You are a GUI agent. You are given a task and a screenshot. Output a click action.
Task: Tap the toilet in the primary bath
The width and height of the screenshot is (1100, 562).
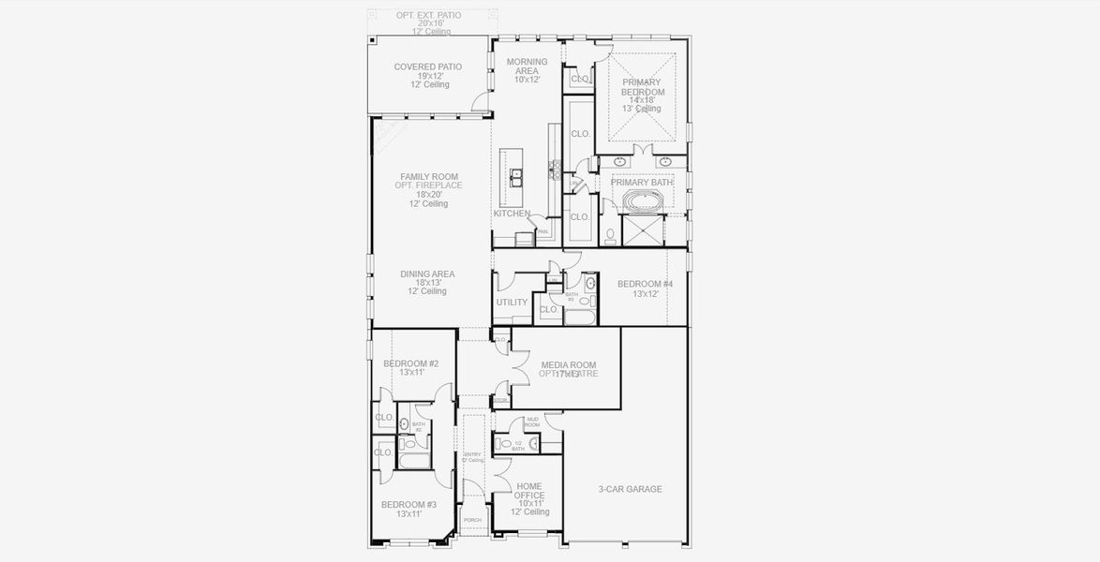coord(610,235)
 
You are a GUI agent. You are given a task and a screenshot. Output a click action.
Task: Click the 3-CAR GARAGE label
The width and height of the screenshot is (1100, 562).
coord(630,489)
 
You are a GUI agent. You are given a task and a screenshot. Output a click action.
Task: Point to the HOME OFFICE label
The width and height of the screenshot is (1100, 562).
coord(528,491)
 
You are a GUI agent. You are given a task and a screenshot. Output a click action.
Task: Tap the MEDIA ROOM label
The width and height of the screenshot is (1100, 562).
coord(568,365)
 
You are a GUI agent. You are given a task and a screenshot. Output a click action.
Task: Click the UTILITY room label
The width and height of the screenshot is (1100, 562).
coord(512,303)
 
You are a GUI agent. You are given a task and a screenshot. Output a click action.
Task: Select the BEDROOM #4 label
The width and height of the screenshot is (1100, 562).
coord(645,284)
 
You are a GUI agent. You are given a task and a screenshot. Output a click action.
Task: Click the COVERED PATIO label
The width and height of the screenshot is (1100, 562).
coord(427,67)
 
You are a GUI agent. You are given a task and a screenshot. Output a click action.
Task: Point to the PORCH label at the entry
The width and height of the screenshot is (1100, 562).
coord(473,520)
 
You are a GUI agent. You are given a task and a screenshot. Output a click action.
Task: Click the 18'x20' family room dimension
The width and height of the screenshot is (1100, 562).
coord(429,195)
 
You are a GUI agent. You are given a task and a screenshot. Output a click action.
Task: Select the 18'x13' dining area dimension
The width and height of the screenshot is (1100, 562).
coord(428,283)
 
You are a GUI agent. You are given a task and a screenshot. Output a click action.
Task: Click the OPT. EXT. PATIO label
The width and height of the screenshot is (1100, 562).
coord(429,15)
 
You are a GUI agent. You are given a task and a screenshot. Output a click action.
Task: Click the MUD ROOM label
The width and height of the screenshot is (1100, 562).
coord(532,421)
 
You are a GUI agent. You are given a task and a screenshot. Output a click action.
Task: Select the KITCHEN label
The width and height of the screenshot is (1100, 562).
coord(512,214)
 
